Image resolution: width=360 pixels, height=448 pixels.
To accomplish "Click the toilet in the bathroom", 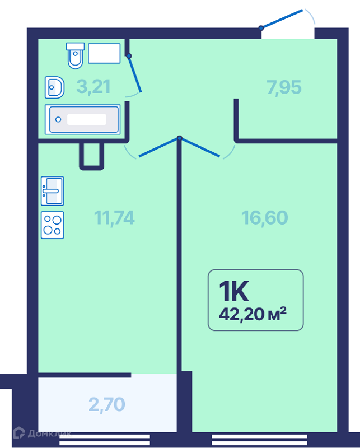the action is point(75,55).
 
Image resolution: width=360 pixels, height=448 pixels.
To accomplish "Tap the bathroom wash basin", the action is point(54,87).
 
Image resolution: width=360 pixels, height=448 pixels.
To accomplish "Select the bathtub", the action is point(82,119).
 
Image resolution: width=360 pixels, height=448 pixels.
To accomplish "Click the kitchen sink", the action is point(52,191).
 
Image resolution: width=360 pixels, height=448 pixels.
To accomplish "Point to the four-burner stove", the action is point(52,225).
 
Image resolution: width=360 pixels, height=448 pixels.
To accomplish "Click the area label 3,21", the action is point(93,87).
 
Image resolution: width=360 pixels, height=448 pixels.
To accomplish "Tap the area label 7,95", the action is point(284,87).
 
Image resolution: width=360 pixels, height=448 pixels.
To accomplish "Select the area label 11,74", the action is point(114,218).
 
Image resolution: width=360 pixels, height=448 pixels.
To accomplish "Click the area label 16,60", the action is point(265,218).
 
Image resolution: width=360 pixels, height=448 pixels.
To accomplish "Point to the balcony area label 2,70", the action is point(106,404).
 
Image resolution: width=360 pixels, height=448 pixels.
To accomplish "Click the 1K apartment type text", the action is point(233,291).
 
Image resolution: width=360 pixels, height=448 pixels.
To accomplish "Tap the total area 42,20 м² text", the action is point(253,314).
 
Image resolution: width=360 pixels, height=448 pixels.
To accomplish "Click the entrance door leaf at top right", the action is point(282,19).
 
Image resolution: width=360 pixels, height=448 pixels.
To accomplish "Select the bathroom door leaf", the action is point(135,74).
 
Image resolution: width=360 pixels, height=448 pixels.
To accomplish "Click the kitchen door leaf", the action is point(160,147).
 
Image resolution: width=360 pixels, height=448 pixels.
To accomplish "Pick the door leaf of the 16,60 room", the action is point(199,147).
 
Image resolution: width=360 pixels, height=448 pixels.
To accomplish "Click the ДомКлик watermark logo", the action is point(42,433).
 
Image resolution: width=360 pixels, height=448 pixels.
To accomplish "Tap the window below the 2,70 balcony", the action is point(105,440).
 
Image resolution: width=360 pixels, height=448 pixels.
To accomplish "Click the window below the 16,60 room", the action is point(259,440).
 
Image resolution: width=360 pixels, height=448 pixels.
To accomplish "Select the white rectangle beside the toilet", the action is point(104,53).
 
